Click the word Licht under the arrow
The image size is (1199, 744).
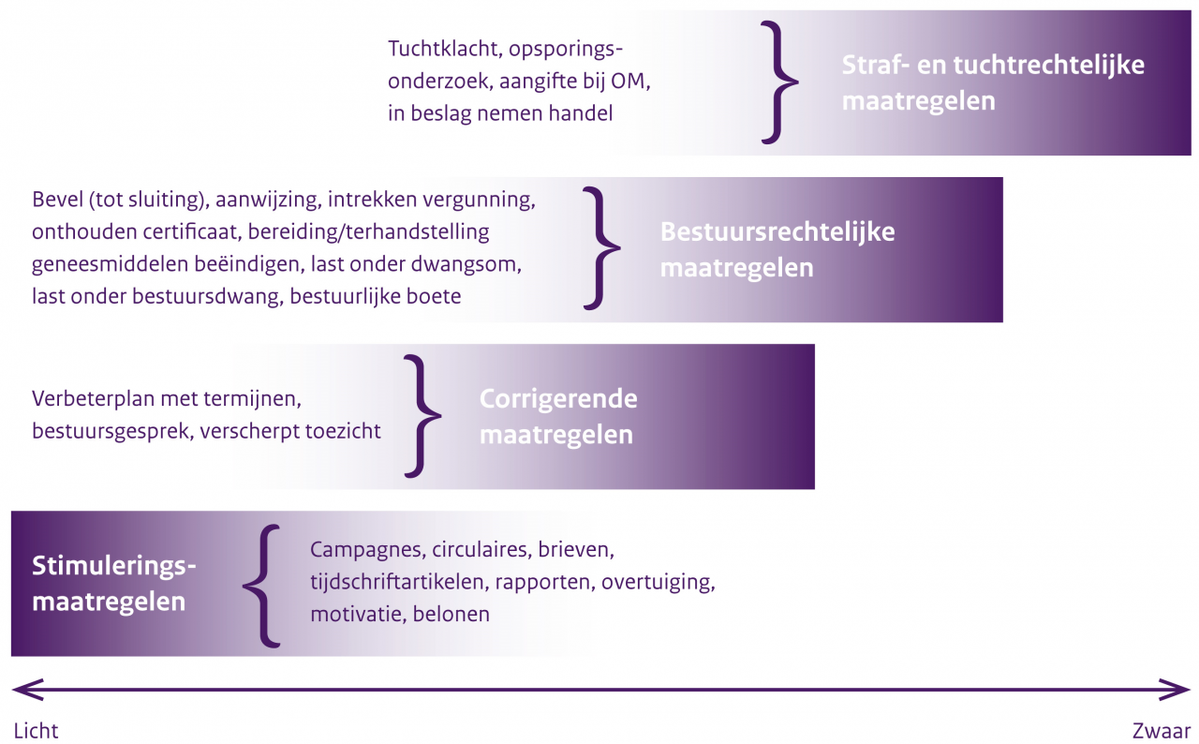(x=36, y=731)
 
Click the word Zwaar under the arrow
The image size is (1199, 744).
(x=1161, y=731)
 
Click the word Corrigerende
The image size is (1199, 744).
(x=558, y=399)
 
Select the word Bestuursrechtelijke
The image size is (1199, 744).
(x=777, y=231)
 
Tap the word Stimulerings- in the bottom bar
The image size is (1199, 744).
(x=114, y=566)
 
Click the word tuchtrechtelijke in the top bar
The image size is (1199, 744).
(x=1049, y=65)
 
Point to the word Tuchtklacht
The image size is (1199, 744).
(x=443, y=49)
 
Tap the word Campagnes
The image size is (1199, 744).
(x=365, y=550)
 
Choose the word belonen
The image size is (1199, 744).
(x=451, y=614)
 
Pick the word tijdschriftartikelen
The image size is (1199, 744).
(x=396, y=582)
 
